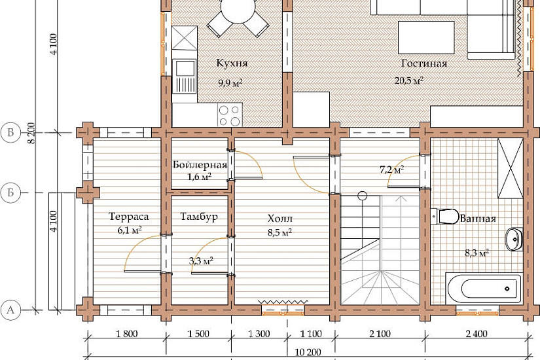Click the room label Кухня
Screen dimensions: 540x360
click(232, 63)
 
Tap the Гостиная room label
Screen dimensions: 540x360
click(424, 63)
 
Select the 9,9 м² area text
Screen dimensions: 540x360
click(230, 82)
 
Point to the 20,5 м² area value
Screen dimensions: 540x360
click(409, 81)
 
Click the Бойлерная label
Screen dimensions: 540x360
click(200, 165)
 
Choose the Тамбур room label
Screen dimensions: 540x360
click(199, 217)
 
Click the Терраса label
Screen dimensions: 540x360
click(129, 217)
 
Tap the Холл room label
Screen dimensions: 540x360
click(280, 219)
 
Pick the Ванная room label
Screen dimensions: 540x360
click(478, 219)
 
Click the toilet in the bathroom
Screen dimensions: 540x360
click(445, 217)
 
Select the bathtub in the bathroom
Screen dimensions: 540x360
click(484, 288)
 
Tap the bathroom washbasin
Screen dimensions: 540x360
click(514, 239)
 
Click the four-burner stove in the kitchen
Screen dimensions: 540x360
click(230, 115)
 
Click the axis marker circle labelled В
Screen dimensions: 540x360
click(10, 133)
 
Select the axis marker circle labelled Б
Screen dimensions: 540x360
click(10, 192)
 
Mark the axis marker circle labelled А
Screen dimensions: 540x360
click(10, 310)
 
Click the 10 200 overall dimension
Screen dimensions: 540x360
click(308, 352)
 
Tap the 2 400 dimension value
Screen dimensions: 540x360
click(477, 333)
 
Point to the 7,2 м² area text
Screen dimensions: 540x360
click(392, 170)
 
